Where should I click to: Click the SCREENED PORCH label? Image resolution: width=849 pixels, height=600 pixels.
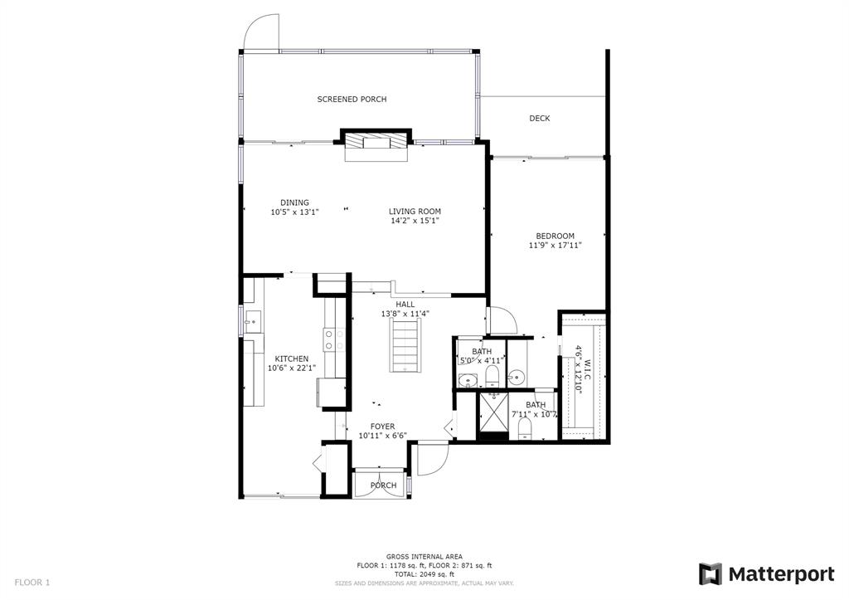click(x=352, y=100)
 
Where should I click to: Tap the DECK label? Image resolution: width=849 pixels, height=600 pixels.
click(x=539, y=118)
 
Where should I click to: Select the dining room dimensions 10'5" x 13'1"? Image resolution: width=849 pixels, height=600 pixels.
click(x=294, y=212)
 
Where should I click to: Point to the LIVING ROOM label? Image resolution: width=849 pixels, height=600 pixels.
click(x=415, y=212)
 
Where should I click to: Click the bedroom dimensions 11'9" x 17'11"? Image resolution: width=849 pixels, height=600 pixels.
click(x=555, y=246)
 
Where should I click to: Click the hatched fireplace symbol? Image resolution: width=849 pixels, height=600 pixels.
click(x=376, y=141)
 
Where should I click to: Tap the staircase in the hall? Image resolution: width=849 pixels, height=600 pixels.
click(x=405, y=344)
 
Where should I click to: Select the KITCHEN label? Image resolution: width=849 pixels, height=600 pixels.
click(x=292, y=359)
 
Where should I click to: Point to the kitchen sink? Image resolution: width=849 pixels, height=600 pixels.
click(x=253, y=321)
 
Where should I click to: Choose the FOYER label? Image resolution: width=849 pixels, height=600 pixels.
click(x=382, y=427)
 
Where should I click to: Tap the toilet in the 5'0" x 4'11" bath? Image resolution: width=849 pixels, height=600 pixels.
click(x=492, y=375)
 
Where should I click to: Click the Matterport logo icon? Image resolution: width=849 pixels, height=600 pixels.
click(x=710, y=574)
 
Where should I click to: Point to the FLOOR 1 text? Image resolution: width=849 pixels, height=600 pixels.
click(x=32, y=583)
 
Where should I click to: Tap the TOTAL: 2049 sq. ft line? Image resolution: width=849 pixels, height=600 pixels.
click(x=424, y=574)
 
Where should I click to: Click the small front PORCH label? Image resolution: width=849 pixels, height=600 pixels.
click(x=383, y=485)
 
